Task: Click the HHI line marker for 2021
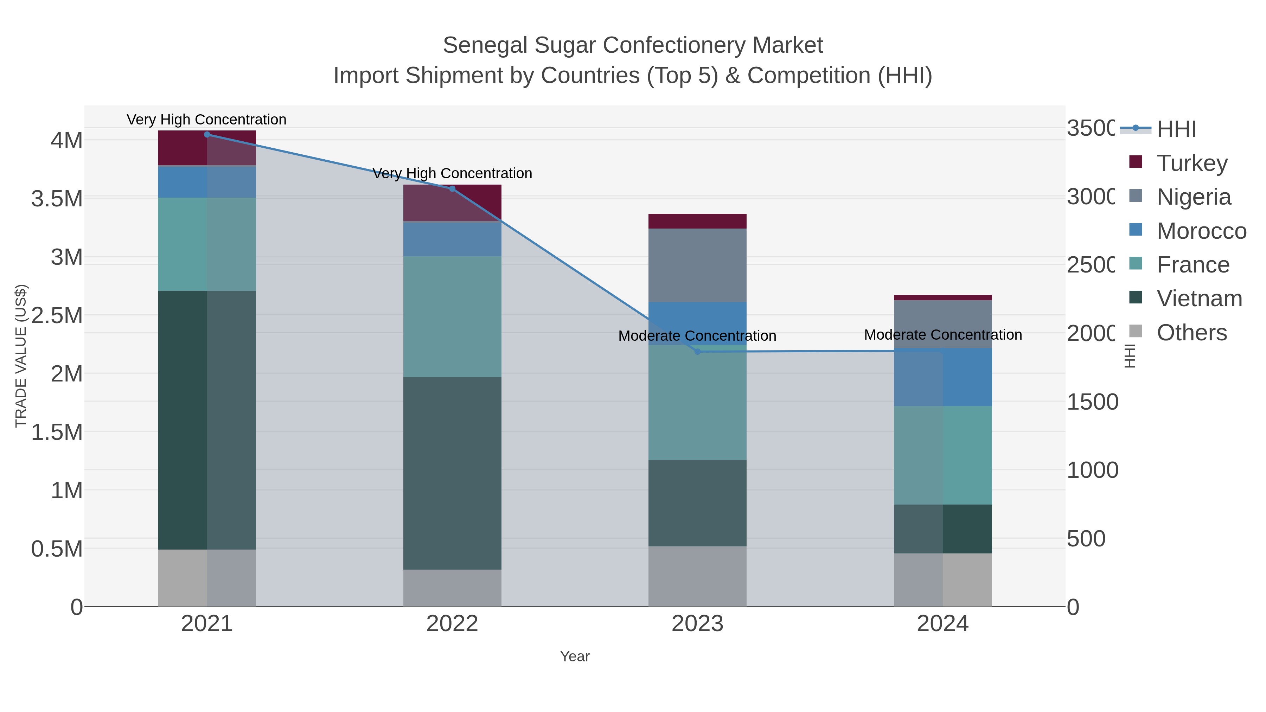click(207, 135)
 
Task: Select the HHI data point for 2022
click(452, 189)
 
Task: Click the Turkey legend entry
click(1192, 163)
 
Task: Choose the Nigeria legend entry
click(1193, 197)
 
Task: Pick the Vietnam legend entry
click(1199, 299)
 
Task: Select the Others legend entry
click(1191, 333)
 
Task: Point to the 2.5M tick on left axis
click(57, 315)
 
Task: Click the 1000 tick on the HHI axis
click(1092, 470)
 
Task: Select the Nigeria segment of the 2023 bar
click(697, 265)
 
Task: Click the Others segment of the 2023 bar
click(697, 576)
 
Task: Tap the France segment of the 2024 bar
click(942, 455)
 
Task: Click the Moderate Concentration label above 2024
click(942, 335)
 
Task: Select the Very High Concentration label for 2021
click(206, 120)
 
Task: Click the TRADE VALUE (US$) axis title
click(21, 356)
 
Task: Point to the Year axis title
click(575, 656)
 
